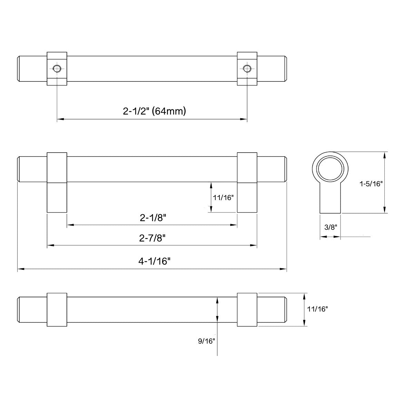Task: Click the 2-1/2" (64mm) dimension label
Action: tap(154, 111)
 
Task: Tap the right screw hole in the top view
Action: tap(246, 68)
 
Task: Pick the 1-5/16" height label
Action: tap(371, 184)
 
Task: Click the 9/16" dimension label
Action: tap(206, 341)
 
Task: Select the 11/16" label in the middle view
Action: tap(223, 198)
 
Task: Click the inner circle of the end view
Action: tap(331, 171)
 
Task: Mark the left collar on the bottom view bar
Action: tap(57, 309)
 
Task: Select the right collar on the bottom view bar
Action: tap(247, 309)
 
